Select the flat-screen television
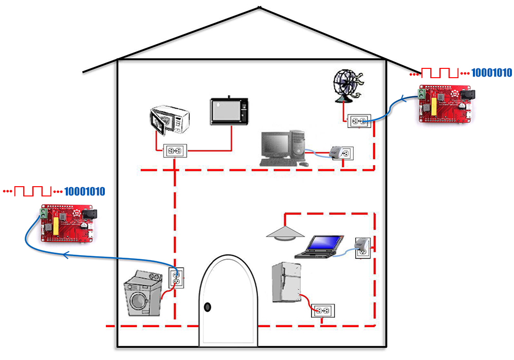point(229,111)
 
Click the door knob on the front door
point(207,307)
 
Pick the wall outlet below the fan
point(359,121)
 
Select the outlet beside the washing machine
point(176,278)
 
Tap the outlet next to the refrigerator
point(323,311)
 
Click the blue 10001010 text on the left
point(84,191)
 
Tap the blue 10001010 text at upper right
point(491,73)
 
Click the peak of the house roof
point(260,7)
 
